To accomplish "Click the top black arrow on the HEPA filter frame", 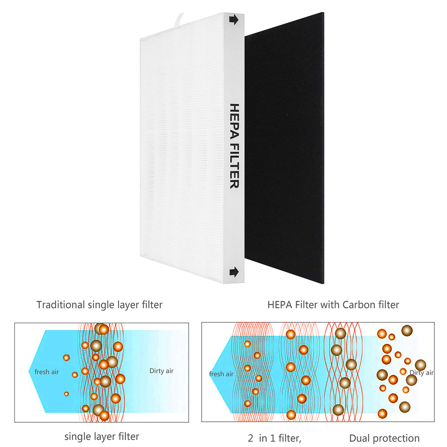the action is (x=234, y=20).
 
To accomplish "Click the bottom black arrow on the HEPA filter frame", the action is (x=234, y=272).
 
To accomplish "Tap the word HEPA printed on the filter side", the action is (x=234, y=121).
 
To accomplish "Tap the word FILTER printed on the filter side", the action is (x=234, y=166).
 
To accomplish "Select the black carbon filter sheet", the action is (x=284, y=148).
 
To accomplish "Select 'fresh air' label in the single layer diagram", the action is (x=47, y=372).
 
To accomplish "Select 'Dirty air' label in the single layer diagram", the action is (x=161, y=371).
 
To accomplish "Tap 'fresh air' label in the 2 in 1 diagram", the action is (x=221, y=374).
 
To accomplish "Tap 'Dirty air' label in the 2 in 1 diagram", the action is (x=421, y=372).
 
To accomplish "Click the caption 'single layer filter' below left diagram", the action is (x=102, y=430).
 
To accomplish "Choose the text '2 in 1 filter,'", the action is (x=275, y=432).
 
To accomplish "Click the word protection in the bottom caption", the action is (x=396, y=432).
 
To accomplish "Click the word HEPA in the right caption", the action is (x=280, y=305).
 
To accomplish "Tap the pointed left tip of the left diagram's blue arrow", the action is (x=29, y=371).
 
